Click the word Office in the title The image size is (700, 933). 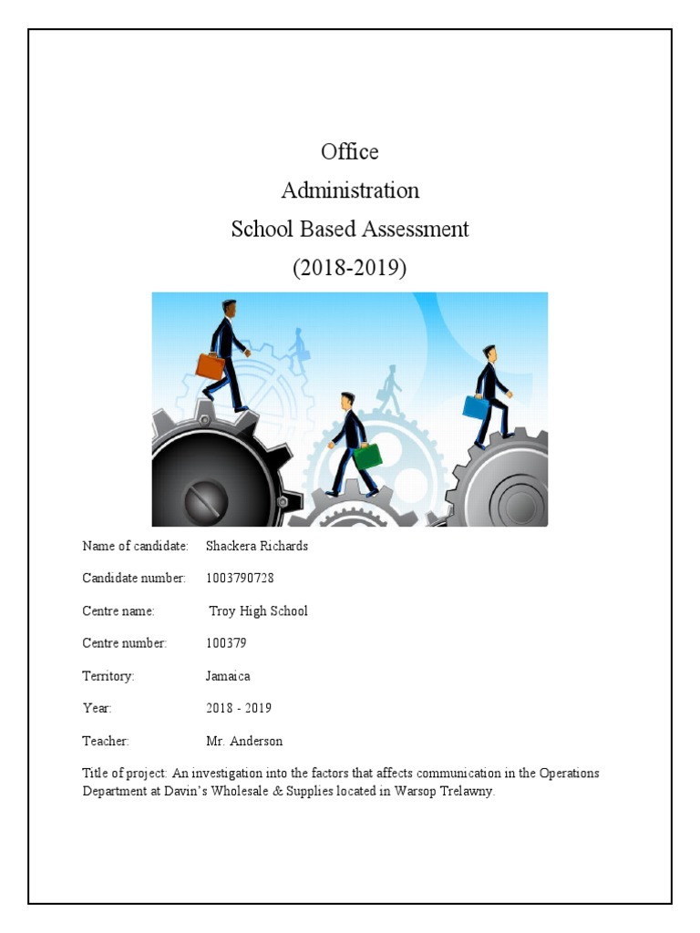pos(349,151)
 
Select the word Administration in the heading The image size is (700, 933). pos(350,190)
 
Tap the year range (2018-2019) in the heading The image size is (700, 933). pos(350,268)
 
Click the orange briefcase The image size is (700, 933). pos(211,365)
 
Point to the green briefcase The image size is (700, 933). pos(367,455)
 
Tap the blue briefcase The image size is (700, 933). pos(476,407)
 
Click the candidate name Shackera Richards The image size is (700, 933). pos(257,546)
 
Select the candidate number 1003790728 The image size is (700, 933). pos(240,579)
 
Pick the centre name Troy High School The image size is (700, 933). pos(259,610)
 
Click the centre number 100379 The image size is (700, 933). pos(227,643)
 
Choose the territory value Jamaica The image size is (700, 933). pos(228,676)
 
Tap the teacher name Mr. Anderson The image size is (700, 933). pos(244,741)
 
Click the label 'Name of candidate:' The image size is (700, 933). pos(135,546)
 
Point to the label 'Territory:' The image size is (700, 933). pos(108,676)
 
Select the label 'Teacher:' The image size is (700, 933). pos(106,741)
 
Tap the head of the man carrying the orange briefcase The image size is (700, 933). pos(229,309)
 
